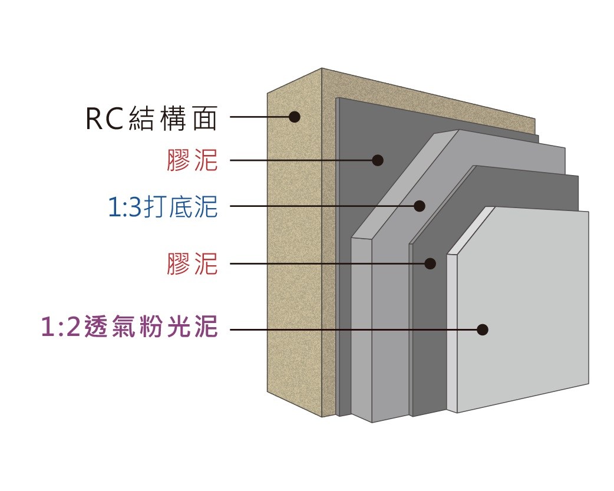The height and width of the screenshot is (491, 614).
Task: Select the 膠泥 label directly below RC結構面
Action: tap(192, 160)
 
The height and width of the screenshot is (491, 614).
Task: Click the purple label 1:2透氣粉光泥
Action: tap(130, 328)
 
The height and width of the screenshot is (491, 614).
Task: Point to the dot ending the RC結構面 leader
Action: tap(295, 117)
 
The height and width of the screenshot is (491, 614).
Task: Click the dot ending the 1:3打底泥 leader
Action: tap(420, 206)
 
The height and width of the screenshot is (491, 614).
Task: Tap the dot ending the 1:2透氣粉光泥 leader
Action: tap(483, 329)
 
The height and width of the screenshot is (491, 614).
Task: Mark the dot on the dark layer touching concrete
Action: tap(378, 160)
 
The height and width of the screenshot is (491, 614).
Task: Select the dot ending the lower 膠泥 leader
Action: tap(430, 263)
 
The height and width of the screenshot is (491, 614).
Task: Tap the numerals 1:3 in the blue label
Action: tap(121, 208)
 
